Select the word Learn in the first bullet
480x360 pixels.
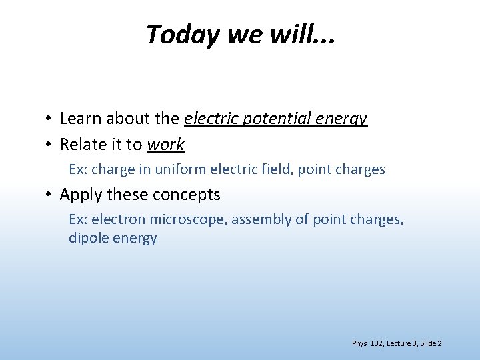80,119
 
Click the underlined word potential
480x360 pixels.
274,119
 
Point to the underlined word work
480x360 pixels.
165,144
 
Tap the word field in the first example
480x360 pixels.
278,169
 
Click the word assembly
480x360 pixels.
257,220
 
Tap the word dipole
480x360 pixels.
87,238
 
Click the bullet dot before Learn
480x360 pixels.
49,119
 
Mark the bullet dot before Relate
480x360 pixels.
49,145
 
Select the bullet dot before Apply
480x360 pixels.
49,195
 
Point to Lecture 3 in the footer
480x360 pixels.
401,343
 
